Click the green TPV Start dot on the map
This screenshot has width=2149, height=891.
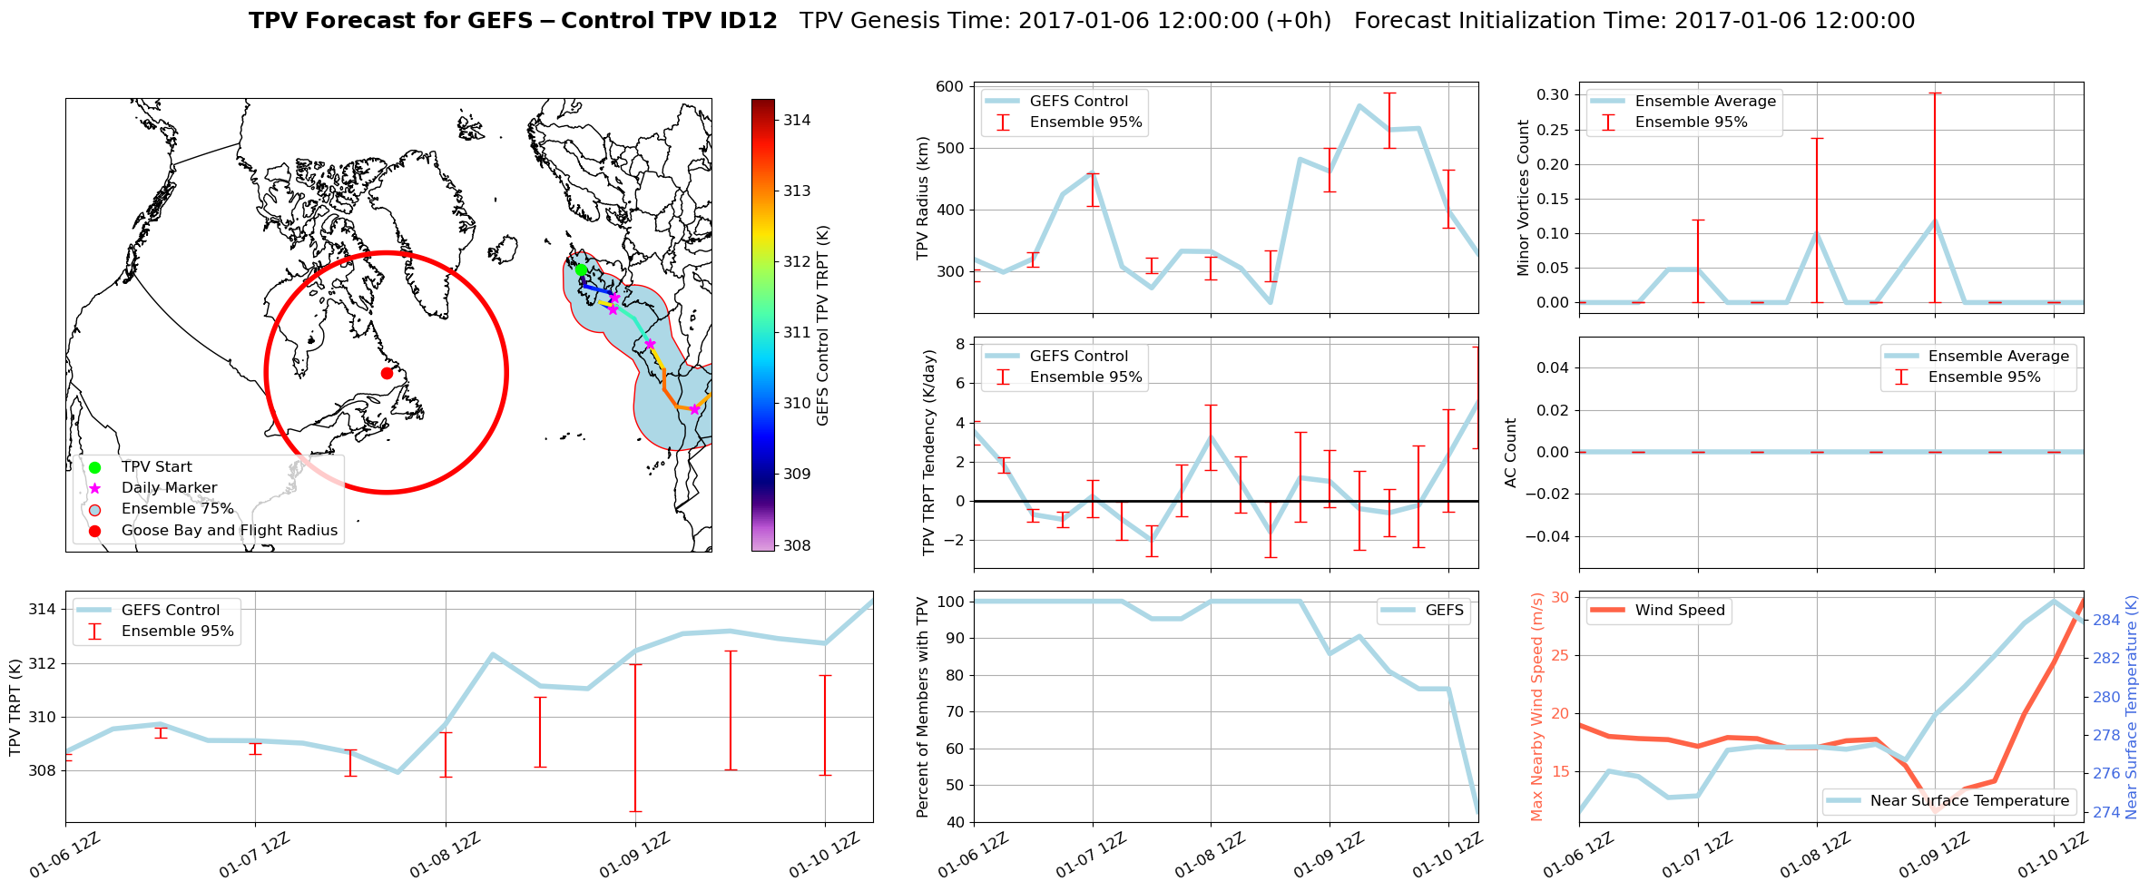point(581,269)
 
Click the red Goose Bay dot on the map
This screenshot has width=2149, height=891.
point(387,373)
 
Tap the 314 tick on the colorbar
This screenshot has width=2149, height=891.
point(797,120)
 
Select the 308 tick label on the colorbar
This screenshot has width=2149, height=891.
point(797,545)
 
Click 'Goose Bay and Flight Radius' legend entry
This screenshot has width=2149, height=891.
point(229,530)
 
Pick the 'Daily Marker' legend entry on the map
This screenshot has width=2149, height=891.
point(169,487)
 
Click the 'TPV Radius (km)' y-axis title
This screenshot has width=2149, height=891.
point(923,198)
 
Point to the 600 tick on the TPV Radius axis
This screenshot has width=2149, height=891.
point(949,87)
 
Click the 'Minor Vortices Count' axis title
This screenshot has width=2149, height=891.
point(1523,198)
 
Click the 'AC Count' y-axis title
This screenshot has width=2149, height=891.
point(1511,453)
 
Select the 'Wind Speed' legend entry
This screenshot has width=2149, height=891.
point(1679,610)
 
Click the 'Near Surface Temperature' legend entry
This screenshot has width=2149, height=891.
point(1969,800)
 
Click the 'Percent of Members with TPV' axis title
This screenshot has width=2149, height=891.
point(923,707)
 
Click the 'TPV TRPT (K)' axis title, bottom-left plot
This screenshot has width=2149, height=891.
point(15,707)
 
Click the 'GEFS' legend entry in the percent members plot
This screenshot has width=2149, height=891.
point(1444,610)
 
